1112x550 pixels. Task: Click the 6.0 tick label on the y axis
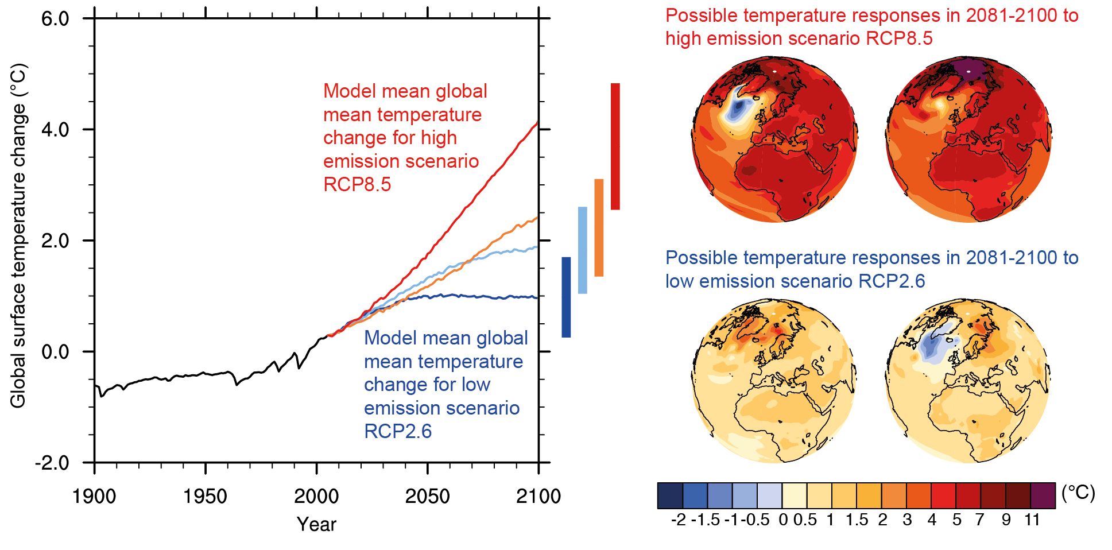[55, 19]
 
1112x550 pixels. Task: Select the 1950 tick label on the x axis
[205, 496]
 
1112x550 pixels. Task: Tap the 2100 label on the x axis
[538, 496]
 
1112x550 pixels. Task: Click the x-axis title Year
[316, 524]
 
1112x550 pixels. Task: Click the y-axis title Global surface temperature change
[18, 235]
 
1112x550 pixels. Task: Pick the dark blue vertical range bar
[566, 297]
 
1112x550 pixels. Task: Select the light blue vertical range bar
[582, 250]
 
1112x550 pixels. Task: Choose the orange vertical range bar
[599, 227]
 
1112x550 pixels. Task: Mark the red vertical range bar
[615, 146]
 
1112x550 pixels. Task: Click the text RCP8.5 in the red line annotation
[357, 185]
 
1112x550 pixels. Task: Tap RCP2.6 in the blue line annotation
[398, 431]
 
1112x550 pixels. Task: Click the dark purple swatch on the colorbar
[1043, 495]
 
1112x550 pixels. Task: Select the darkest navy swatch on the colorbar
[670, 495]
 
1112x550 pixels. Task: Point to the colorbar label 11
[1032, 520]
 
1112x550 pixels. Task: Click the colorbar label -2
[678, 520]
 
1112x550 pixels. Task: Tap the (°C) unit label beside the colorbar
[1078, 493]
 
